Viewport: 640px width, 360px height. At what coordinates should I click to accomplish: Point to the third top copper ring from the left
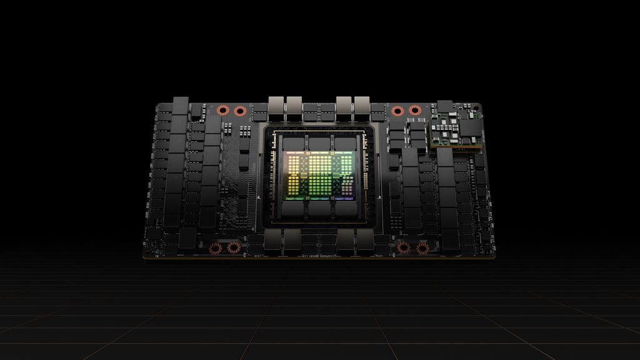pos(397,111)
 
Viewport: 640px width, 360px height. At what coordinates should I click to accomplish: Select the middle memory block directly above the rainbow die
pos(319,142)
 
